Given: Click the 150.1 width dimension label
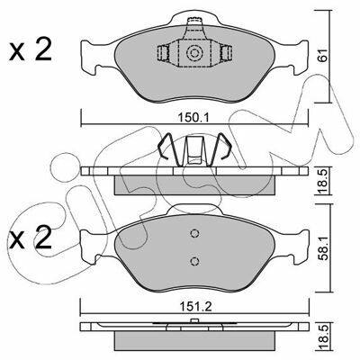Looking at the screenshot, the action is click(194, 117).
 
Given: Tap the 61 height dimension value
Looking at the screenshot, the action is click(322, 55).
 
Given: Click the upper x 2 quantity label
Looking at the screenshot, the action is click(31, 50).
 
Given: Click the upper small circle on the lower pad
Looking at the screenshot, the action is click(194, 233).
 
